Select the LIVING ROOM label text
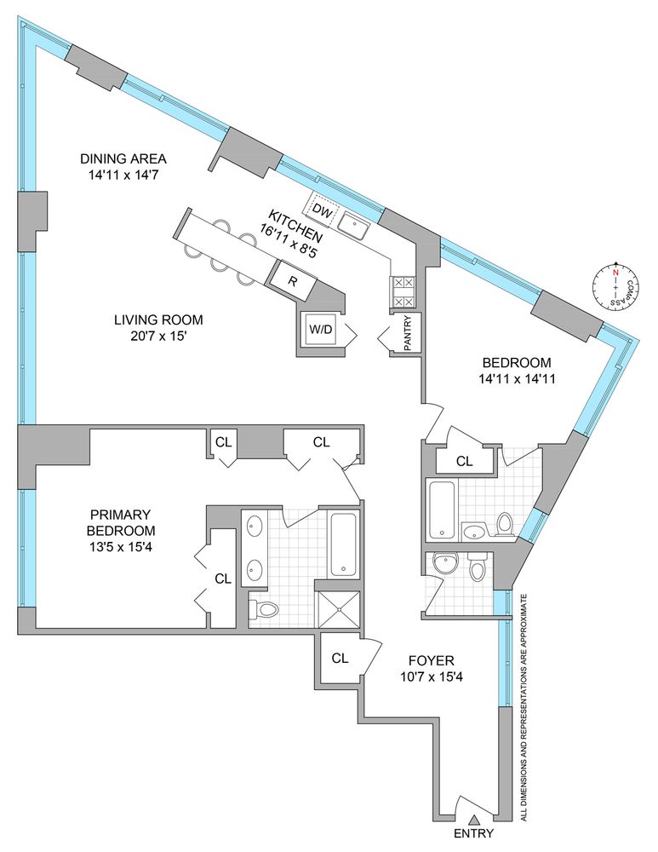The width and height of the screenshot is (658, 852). click(x=158, y=320)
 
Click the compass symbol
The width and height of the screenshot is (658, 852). click(x=613, y=291)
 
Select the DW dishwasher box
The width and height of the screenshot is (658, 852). click(x=321, y=210)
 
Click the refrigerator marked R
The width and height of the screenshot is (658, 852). click(x=292, y=281)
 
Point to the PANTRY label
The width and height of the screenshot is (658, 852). click(x=406, y=332)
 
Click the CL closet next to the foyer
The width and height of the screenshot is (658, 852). click(x=339, y=658)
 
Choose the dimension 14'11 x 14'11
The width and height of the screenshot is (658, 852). click(x=519, y=379)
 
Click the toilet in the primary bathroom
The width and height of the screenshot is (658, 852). click(x=265, y=608)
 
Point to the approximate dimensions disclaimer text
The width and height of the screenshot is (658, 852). click(x=526, y=707)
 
